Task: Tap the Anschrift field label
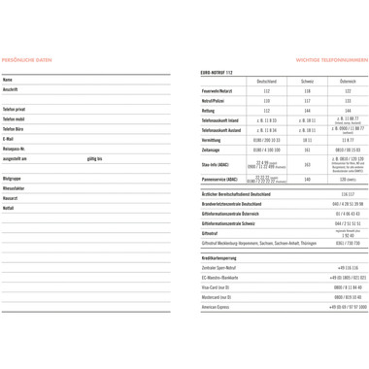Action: (x=13, y=89)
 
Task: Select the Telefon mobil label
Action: (x=15, y=119)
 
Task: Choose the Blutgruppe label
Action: (x=14, y=180)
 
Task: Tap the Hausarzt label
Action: (x=12, y=199)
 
